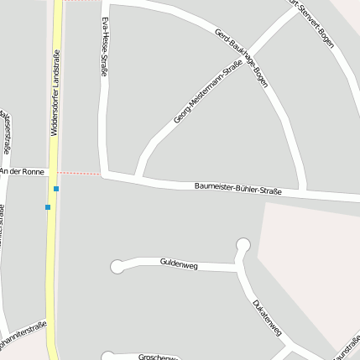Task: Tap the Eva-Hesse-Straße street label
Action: tap(104, 46)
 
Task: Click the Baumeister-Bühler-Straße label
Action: tap(237, 188)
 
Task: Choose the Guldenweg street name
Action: tap(178, 263)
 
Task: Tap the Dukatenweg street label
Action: tap(265, 317)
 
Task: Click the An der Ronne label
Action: tap(22, 171)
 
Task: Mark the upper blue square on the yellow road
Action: tap(56, 189)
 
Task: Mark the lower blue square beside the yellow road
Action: tap(48, 206)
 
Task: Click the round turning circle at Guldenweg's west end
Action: tap(117, 267)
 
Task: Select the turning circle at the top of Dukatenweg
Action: tap(243, 246)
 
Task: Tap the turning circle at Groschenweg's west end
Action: tap(107, 357)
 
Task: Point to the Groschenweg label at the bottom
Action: tap(157, 356)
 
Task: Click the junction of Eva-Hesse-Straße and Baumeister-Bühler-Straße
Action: tap(105, 175)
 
